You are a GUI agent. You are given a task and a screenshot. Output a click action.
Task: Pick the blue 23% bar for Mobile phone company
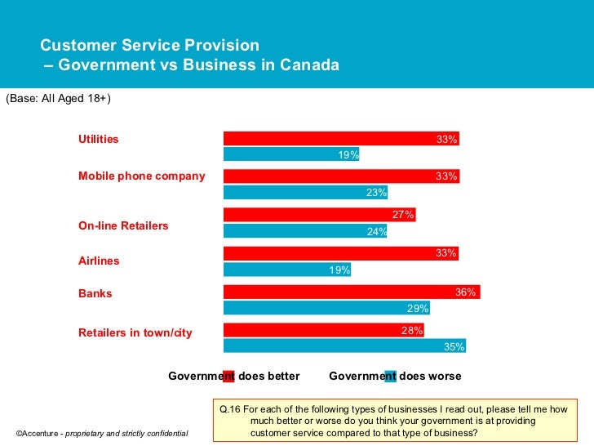coord(305,193)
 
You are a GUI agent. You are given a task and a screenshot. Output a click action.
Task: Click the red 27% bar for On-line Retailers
coord(319,215)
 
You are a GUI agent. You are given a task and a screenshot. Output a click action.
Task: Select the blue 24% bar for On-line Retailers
coord(305,231)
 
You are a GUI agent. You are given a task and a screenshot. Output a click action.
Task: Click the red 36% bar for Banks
coord(352,292)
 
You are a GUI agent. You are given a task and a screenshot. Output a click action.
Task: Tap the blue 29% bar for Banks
coord(326,308)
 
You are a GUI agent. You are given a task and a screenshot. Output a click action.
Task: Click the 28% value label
coord(411,331)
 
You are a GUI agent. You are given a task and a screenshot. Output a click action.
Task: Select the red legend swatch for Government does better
coord(228,377)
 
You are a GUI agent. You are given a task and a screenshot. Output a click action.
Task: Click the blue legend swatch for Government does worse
coord(390,377)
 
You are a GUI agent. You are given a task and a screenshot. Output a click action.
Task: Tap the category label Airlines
coord(99,261)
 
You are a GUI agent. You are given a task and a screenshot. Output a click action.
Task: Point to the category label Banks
coord(95,293)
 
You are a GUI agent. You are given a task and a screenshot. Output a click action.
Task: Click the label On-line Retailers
coord(123,225)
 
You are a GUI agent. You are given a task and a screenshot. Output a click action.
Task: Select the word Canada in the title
coord(308,65)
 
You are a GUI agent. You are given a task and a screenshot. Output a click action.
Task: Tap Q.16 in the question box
coord(228,408)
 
